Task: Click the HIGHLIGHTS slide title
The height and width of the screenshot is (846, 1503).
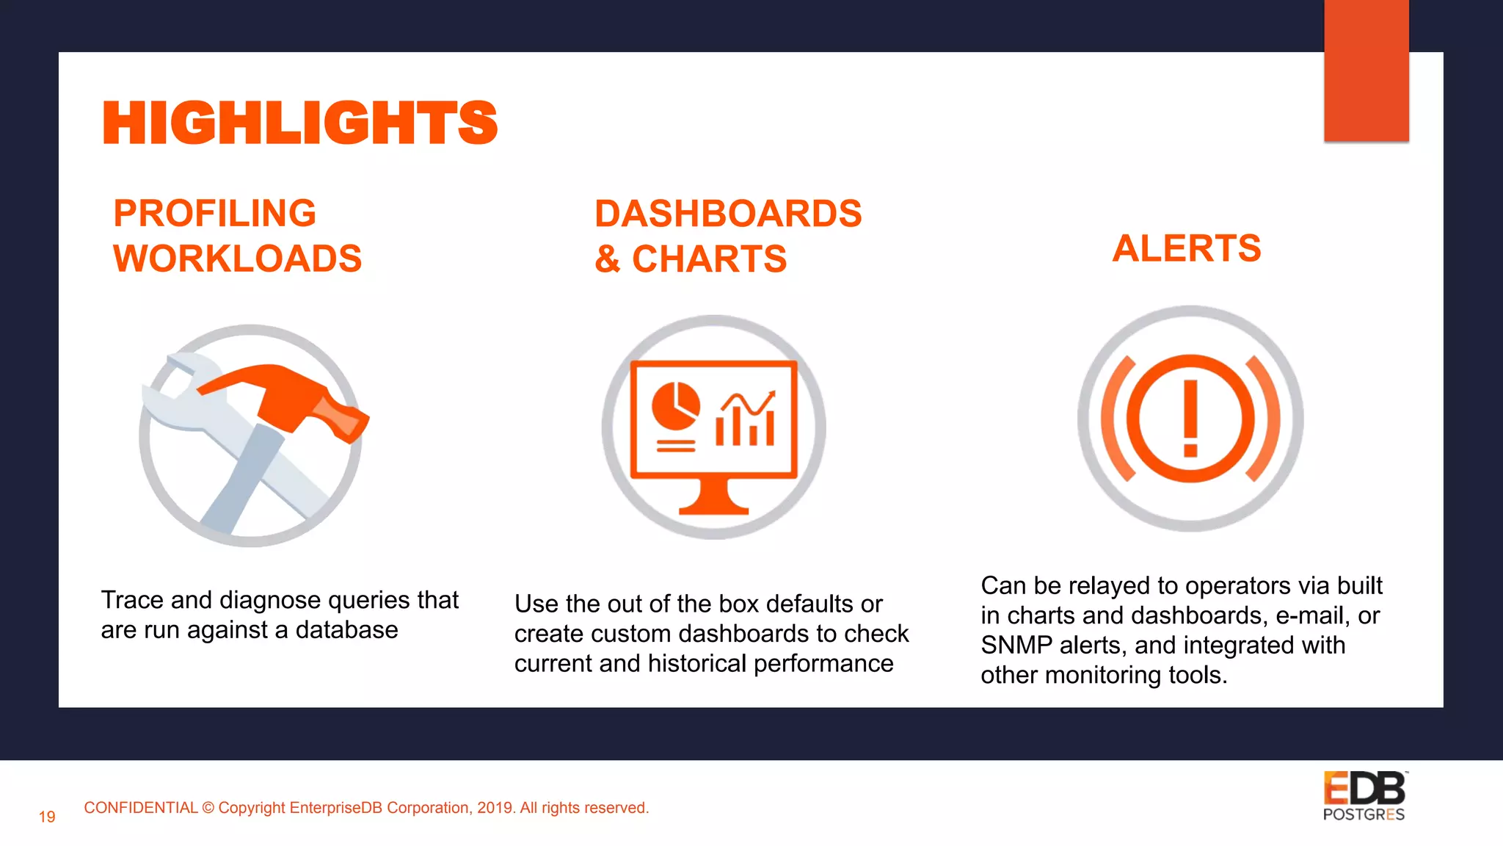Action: (300, 123)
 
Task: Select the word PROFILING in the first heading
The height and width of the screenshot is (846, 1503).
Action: (214, 214)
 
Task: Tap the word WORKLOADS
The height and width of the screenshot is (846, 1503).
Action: (237, 258)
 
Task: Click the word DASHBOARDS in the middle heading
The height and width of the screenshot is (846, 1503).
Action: (727, 214)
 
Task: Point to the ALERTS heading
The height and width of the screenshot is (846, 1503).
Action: (1186, 248)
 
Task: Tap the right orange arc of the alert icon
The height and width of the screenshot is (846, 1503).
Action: (1265, 419)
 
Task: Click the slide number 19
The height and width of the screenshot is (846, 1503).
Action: (47, 817)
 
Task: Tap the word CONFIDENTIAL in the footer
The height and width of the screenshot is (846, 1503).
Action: (140, 808)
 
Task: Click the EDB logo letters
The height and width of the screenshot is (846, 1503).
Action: (1364, 789)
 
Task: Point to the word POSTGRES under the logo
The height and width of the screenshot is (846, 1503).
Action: (1364, 814)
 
